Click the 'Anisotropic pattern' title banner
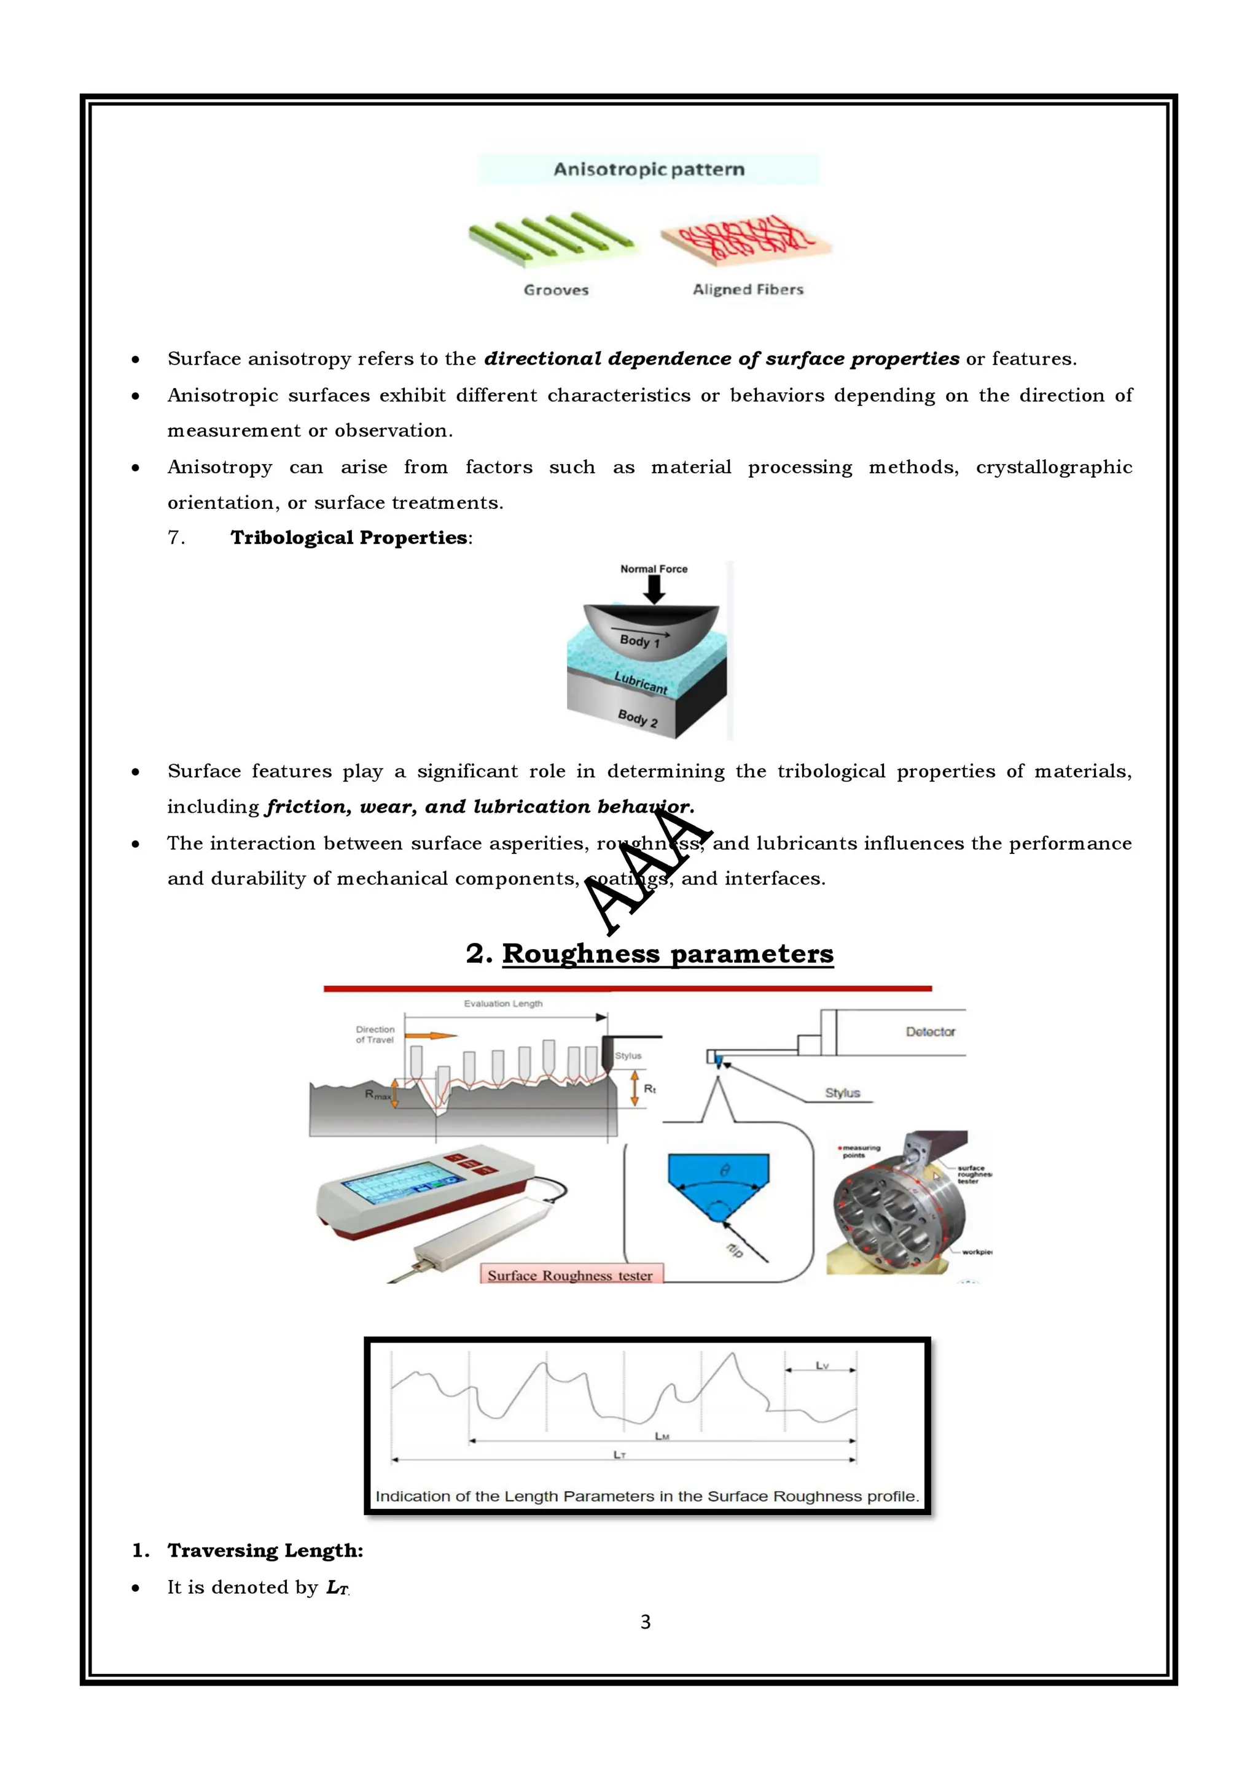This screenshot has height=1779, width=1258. click(648, 169)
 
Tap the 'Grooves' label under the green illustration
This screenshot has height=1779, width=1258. click(556, 290)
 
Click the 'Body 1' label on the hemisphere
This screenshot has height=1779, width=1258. click(639, 641)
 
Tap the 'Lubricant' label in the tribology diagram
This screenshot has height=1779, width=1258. click(640, 682)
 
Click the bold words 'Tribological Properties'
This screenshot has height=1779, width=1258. click(349, 538)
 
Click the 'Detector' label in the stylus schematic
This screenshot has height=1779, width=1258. click(930, 1031)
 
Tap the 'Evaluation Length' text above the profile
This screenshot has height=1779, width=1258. click(503, 1004)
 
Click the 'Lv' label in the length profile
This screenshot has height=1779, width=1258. click(822, 1365)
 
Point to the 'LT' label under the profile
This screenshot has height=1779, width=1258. click(619, 1454)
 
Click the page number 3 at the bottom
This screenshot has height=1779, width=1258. click(645, 1622)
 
